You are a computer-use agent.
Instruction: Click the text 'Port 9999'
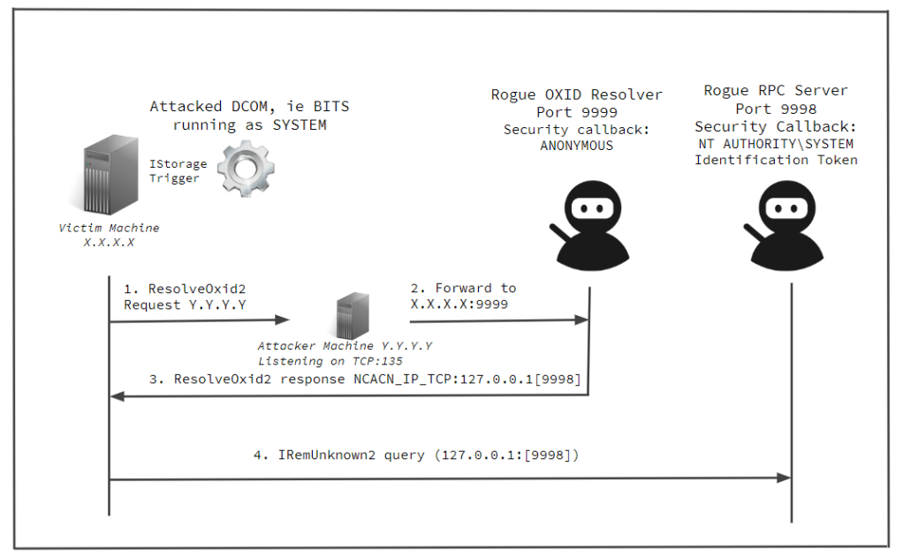[577, 112]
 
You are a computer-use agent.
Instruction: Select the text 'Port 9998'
[776, 109]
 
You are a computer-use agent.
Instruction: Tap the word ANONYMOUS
[576, 146]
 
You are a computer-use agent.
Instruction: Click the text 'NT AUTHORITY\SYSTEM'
[776, 143]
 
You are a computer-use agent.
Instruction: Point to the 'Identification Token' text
[776, 160]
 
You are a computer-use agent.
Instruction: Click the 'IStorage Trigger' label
[177, 170]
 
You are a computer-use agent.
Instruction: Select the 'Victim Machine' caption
[109, 228]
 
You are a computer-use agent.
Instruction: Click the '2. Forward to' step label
[463, 289]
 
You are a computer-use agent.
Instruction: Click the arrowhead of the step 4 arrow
[783, 478]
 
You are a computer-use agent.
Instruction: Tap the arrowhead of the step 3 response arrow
[116, 396]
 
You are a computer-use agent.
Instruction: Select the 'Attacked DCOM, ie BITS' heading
[249, 107]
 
